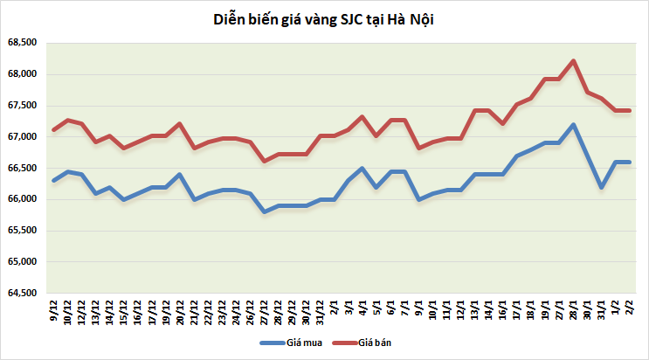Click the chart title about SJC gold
[x=324, y=19]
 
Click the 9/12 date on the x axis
[x=55, y=308]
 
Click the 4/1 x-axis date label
[x=362, y=308]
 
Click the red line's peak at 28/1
[x=573, y=61]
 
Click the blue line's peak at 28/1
[x=573, y=124]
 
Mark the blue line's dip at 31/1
[x=601, y=187]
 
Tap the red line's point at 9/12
[x=54, y=129]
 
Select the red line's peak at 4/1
[x=362, y=116]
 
